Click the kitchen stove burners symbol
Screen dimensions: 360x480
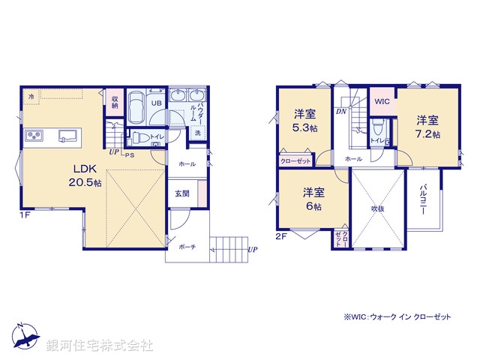35,136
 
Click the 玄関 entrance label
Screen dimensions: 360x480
182,192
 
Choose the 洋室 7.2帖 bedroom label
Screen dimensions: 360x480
428,127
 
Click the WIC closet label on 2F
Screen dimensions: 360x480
382,100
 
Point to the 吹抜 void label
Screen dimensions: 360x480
377,208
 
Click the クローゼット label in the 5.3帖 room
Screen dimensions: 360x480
296,160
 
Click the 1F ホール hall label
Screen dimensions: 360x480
187,163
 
